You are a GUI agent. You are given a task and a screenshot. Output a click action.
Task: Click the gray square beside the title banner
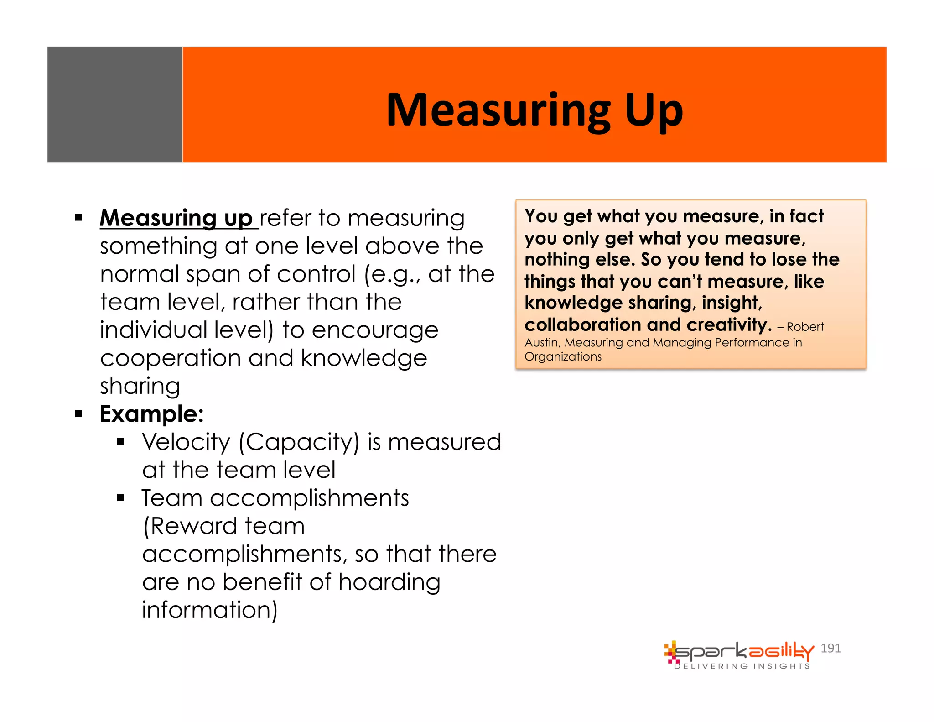click(114, 105)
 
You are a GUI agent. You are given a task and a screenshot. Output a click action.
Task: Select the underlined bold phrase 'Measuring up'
click(176, 218)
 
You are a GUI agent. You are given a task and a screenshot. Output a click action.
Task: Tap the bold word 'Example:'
click(152, 414)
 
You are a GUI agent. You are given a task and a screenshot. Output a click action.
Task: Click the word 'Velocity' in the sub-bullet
click(186, 442)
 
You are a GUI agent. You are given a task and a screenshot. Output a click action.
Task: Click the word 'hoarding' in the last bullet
click(389, 582)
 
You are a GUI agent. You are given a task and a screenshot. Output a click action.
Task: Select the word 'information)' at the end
click(210, 610)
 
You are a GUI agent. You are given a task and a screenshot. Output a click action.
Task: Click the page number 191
click(830, 648)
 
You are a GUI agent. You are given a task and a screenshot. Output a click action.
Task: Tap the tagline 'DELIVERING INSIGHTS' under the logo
click(742, 666)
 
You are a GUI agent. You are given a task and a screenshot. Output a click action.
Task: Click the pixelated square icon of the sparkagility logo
click(671, 652)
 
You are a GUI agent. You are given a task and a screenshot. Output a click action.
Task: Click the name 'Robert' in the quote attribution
click(805, 327)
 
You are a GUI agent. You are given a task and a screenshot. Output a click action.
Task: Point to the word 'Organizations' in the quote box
click(563, 356)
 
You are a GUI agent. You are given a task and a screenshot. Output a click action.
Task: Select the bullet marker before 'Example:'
click(78, 414)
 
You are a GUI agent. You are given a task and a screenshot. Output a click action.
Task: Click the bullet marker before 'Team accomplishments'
click(120, 498)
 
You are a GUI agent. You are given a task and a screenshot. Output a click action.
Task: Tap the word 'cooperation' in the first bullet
click(171, 358)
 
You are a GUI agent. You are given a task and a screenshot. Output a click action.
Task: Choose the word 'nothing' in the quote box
click(557, 259)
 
